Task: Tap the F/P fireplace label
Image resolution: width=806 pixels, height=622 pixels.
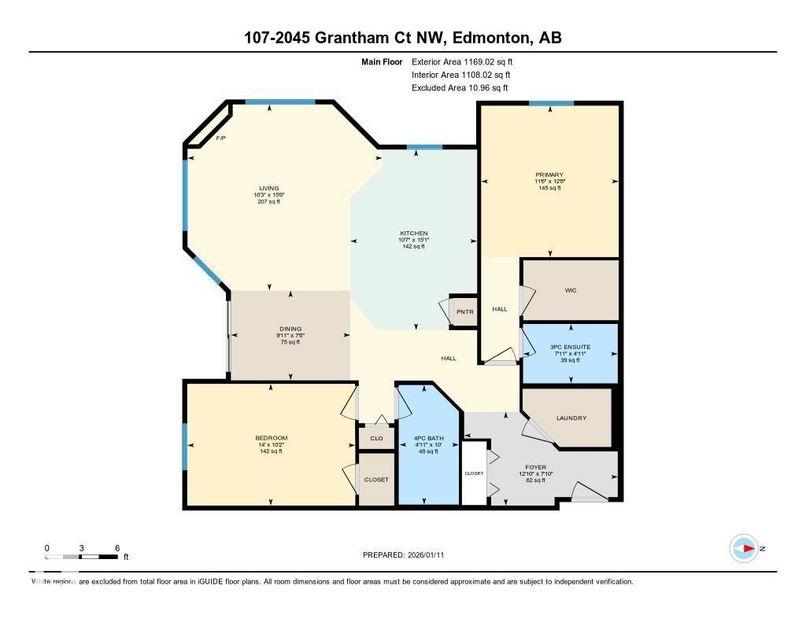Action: [221, 138]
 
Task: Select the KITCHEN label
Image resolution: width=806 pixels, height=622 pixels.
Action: [413, 234]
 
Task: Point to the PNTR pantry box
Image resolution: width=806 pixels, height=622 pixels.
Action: [464, 311]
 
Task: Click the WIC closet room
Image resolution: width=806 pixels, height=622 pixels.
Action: [571, 290]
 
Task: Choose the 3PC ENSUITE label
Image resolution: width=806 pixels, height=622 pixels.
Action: [571, 347]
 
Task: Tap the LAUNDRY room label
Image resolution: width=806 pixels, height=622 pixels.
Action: [571, 418]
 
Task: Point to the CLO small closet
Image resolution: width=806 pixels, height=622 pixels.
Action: [376, 438]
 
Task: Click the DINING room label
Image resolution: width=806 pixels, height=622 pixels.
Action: [290, 329]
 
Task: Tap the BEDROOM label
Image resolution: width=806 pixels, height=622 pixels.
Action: [271, 438]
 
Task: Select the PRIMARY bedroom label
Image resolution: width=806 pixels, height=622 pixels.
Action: [549, 175]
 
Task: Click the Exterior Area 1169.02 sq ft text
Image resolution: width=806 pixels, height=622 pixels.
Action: [462, 61]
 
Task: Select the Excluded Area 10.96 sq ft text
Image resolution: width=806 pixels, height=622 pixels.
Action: [460, 88]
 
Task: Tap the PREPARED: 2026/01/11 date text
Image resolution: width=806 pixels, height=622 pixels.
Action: [408, 555]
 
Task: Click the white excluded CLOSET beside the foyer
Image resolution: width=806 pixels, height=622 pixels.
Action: [474, 473]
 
